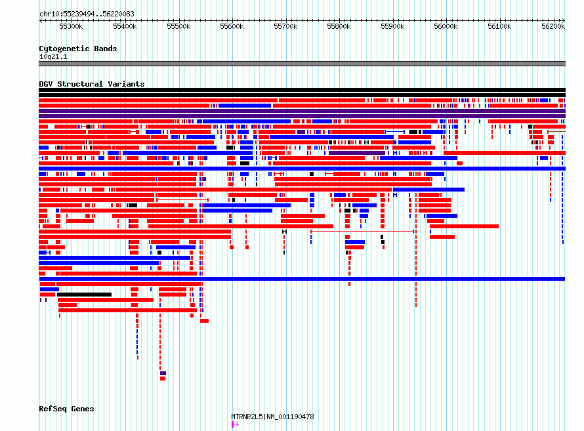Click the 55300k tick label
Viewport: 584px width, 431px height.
coord(71,26)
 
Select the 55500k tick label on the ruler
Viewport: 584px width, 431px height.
coord(178,26)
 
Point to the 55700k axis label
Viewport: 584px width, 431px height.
coord(285,26)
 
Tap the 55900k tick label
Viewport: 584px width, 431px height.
coord(392,26)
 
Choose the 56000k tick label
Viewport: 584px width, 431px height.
coord(446,26)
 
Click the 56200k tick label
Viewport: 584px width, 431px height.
coord(553,26)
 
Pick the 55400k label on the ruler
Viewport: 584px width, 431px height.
coord(125,26)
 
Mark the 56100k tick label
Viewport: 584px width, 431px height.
coord(499,26)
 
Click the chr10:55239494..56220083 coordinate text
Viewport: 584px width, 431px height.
coord(87,14)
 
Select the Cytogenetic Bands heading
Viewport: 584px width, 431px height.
coord(78,49)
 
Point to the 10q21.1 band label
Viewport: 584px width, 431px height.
coord(53,56)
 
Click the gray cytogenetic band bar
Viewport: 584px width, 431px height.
coord(302,64)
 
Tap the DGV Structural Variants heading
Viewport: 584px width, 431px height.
coord(92,84)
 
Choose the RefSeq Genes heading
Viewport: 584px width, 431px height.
coord(66,409)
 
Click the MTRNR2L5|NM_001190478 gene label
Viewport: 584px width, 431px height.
coord(272,417)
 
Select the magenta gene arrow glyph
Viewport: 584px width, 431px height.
coord(235,424)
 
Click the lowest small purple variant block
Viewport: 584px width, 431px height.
coord(163,373)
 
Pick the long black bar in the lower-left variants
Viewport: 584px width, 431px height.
coord(84,295)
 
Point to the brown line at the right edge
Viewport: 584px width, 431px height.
coord(556,131)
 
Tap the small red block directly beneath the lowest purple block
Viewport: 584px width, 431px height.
coord(163,379)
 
